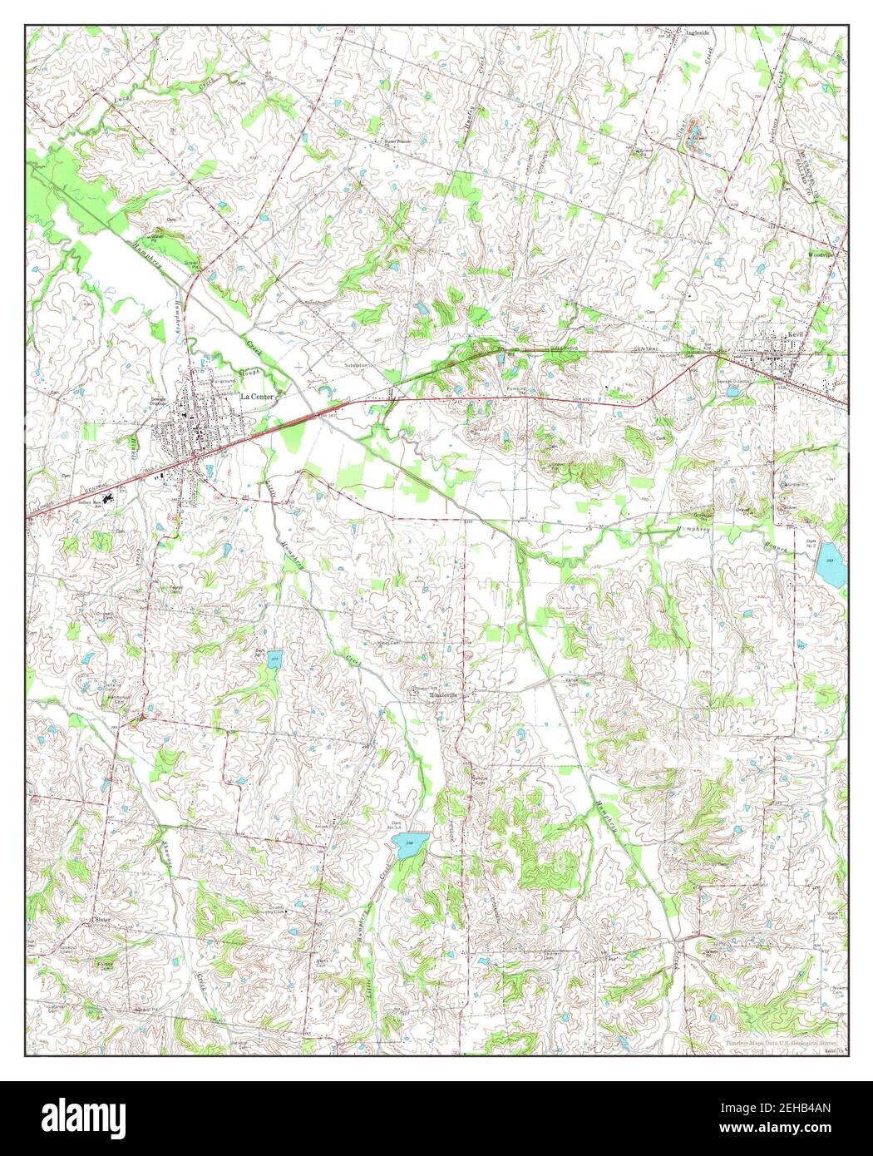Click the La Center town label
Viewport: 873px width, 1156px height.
(257, 397)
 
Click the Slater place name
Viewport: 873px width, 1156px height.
(101, 920)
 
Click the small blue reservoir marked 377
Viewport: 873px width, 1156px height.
(275, 660)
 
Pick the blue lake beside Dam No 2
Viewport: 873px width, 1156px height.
(831, 565)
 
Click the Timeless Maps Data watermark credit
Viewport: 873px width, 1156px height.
(781, 1042)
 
